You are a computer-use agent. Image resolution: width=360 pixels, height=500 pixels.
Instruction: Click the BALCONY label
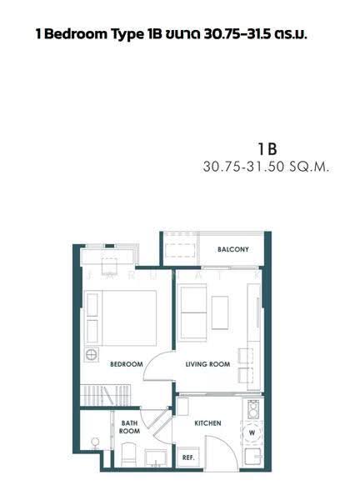point(232,249)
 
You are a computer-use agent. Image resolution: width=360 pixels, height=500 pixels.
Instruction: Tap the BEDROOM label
point(127,364)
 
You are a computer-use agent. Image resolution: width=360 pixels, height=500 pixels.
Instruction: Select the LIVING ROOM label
point(207,364)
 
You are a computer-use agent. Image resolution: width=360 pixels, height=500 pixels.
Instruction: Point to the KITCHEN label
point(207,423)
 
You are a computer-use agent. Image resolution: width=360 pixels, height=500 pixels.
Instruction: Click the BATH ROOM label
point(129,427)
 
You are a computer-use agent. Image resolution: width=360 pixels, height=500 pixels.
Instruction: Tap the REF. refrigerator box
point(188,457)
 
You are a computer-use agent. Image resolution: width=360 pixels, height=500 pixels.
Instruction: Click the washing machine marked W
point(252,432)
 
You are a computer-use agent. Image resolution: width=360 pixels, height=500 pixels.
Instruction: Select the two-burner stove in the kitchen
point(253,409)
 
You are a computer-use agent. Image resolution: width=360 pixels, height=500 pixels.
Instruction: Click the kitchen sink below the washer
point(253,457)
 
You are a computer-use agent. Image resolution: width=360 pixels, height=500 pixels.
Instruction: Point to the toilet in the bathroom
point(129,454)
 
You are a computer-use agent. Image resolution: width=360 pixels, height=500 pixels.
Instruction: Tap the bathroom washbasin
point(156,457)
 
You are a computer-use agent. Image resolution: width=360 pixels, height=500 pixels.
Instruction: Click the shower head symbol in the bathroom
point(95,442)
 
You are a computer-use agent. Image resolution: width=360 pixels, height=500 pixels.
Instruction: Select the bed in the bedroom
point(121,318)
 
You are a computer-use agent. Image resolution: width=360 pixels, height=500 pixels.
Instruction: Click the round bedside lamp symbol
point(91,354)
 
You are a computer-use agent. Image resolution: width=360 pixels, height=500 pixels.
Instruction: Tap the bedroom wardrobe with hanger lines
point(106,395)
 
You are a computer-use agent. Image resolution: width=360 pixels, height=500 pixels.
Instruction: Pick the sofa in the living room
point(193,312)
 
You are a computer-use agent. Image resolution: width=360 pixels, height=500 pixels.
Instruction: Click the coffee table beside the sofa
point(220,312)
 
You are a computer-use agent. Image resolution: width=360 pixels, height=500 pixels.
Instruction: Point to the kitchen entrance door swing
point(222,451)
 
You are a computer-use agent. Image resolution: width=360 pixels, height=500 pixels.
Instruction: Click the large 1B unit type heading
point(267,148)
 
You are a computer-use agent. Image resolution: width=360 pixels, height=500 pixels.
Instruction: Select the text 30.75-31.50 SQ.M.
point(266,167)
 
